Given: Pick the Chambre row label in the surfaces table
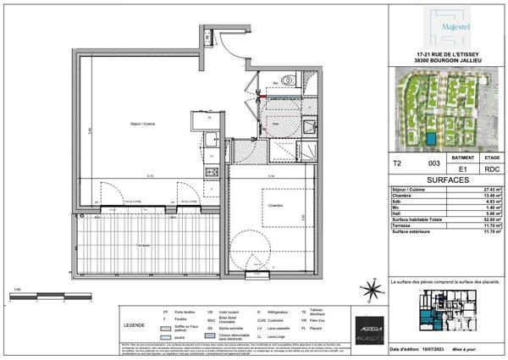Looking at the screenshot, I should (x=401, y=197).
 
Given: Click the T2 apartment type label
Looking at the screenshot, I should (x=396, y=162).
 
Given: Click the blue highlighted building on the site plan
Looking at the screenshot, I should (x=433, y=137).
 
